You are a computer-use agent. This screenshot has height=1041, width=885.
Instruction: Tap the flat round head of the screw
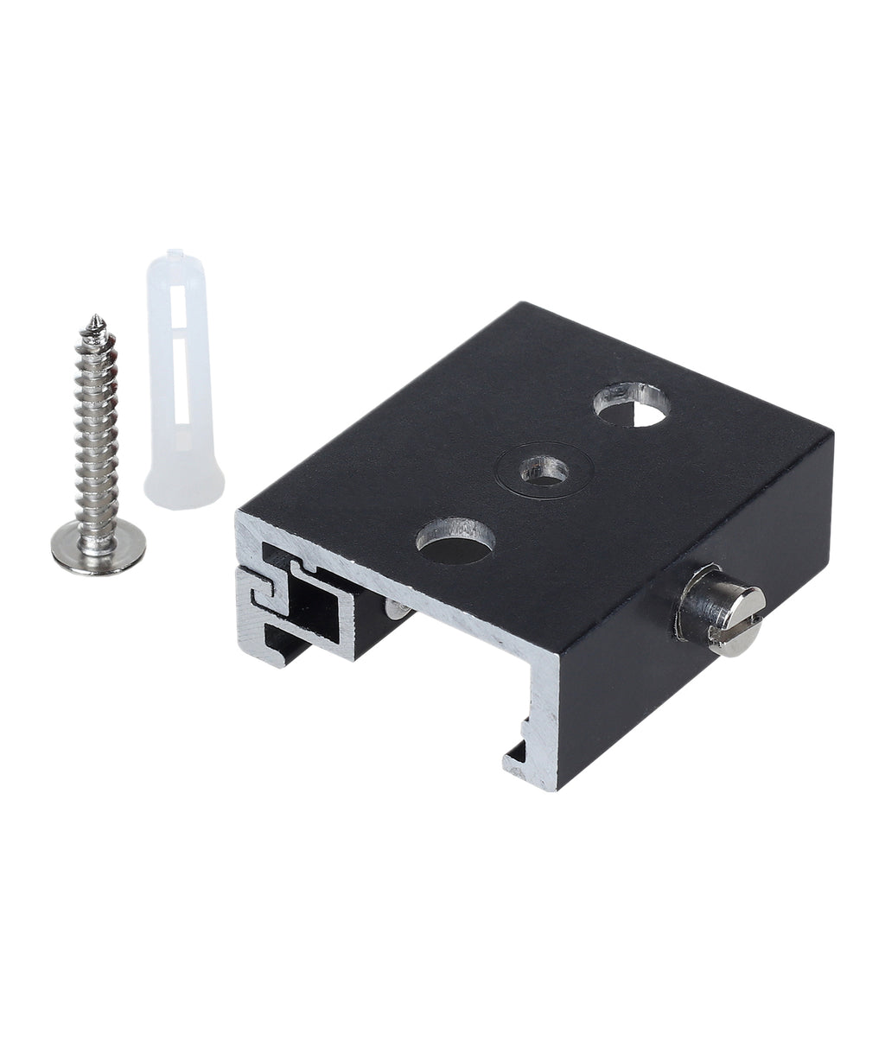98,548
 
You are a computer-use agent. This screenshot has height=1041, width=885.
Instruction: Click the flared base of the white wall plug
184,488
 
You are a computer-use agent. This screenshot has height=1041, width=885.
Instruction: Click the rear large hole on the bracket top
632,405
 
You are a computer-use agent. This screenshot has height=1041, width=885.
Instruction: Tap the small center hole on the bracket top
544,472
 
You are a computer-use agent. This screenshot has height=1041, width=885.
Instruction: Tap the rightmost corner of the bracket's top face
831,435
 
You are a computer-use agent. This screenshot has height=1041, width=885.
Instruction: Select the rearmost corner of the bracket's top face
521,303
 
